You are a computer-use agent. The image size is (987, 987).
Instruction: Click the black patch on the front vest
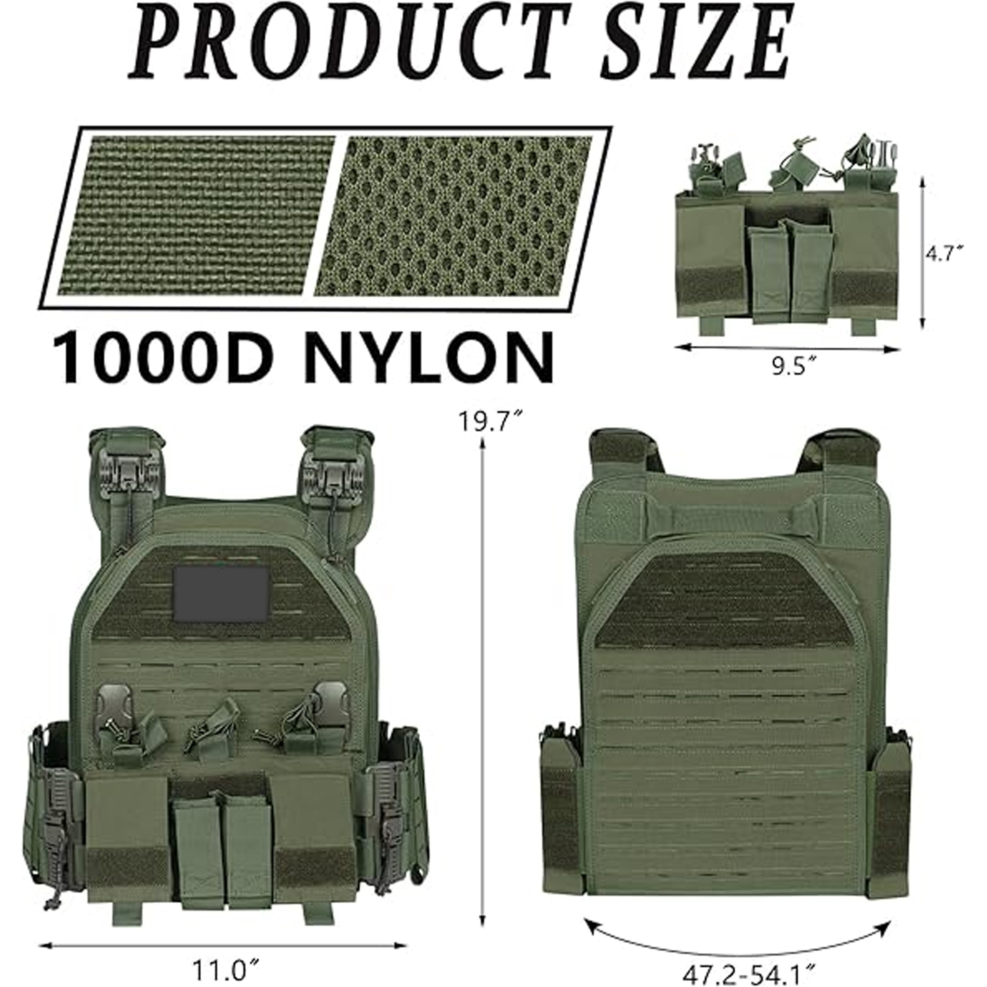221,595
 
